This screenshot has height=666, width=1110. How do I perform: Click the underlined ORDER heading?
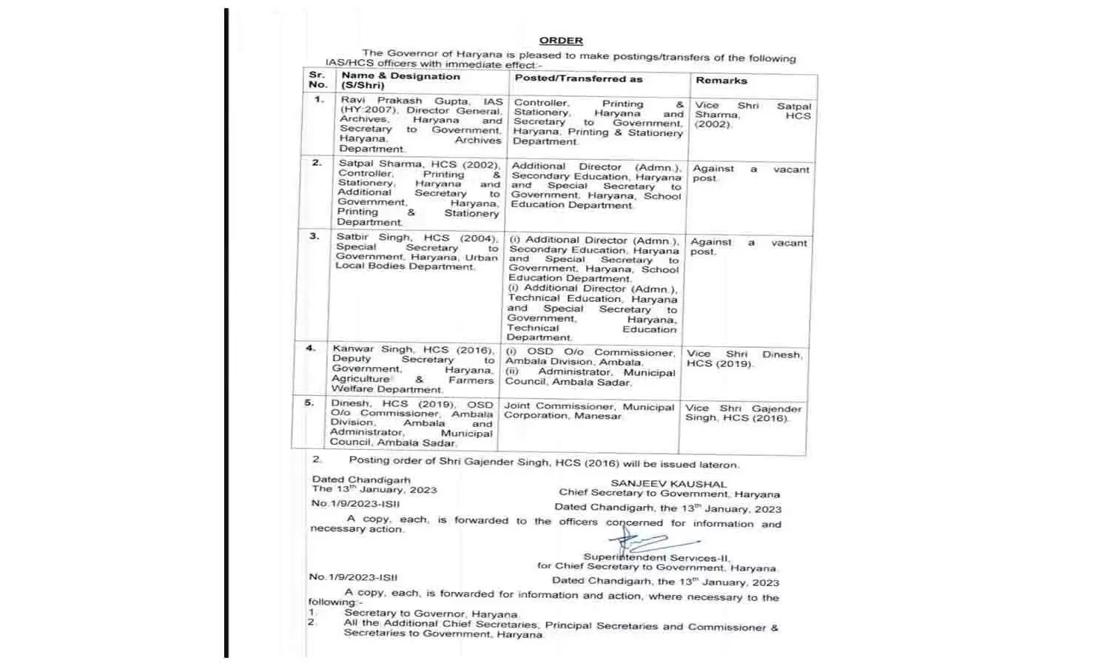[x=561, y=41]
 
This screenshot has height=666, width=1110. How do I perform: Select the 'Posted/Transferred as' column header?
[x=579, y=78]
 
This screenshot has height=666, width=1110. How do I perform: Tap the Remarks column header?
[x=721, y=80]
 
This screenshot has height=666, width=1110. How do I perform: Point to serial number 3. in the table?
[x=314, y=236]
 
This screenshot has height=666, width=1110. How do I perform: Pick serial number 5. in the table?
[x=309, y=403]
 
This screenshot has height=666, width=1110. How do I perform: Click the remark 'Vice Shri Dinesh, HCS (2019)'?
[x=743, y=359]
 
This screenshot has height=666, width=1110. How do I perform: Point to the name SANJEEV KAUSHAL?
[x=668, y=484]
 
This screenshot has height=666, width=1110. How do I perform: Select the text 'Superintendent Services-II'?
[x=656, y=557]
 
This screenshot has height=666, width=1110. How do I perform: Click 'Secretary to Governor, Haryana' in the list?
[x=431, y=613]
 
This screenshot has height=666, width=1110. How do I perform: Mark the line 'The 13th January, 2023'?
[x=374, y=489]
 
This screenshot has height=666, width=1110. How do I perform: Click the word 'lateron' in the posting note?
[x=719, y=465]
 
